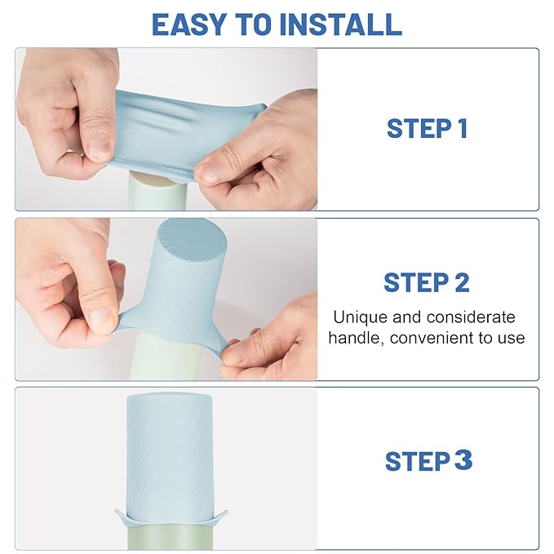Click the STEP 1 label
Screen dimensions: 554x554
pos(427,129)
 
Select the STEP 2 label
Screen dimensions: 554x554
pos(427,282)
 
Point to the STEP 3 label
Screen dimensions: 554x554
pos(428,460)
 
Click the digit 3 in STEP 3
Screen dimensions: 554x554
pos(463,460)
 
